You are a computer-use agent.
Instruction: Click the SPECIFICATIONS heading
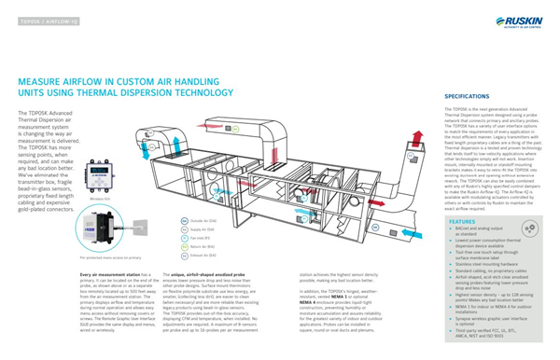point(468,97)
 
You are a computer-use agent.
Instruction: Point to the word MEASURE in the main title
point(36,83)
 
